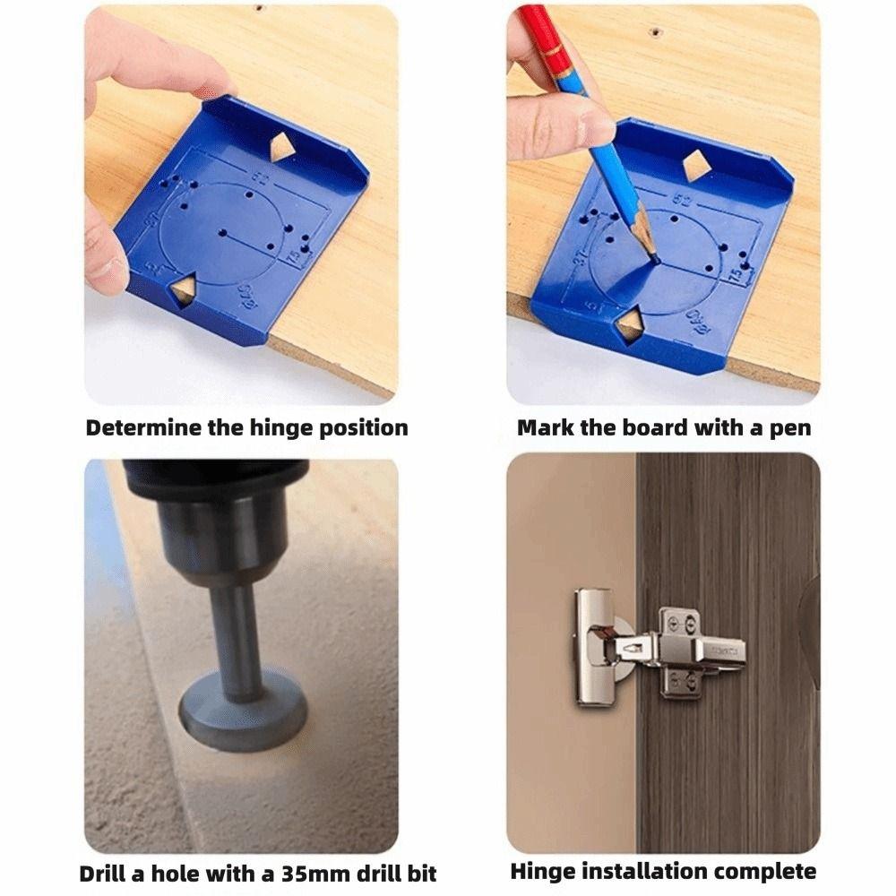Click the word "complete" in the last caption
(769, 871)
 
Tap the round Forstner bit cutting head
(242, 712)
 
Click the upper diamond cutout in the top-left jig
(282, 148)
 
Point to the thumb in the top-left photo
(106, 260)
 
